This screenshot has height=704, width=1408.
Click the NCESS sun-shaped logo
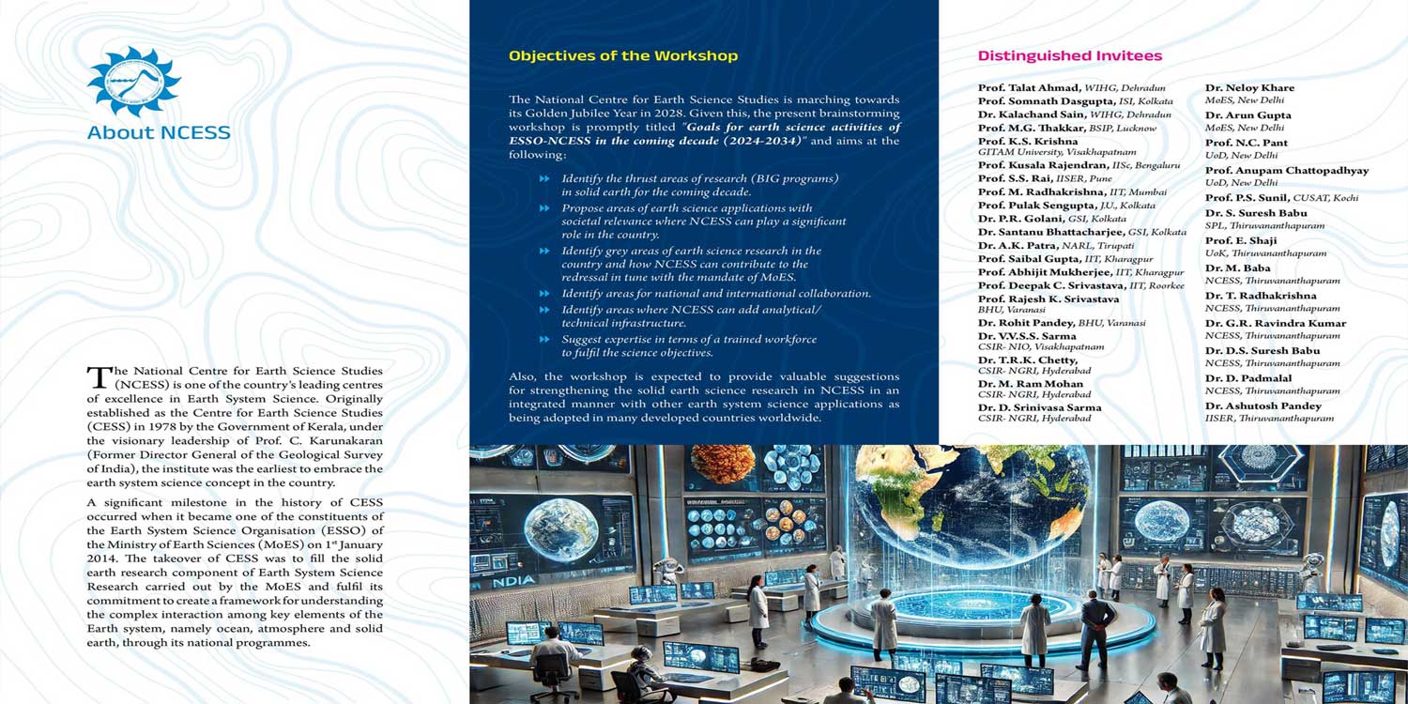133,82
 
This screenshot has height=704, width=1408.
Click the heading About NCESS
159,132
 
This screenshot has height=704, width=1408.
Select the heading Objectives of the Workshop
623,55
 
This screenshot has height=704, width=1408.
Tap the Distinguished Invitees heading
1070,55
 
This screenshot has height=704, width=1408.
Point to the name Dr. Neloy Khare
1249,88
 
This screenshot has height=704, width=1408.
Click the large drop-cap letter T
98,377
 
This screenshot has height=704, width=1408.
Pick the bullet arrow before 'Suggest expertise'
544,339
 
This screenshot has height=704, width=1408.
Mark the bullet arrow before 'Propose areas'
544,208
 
